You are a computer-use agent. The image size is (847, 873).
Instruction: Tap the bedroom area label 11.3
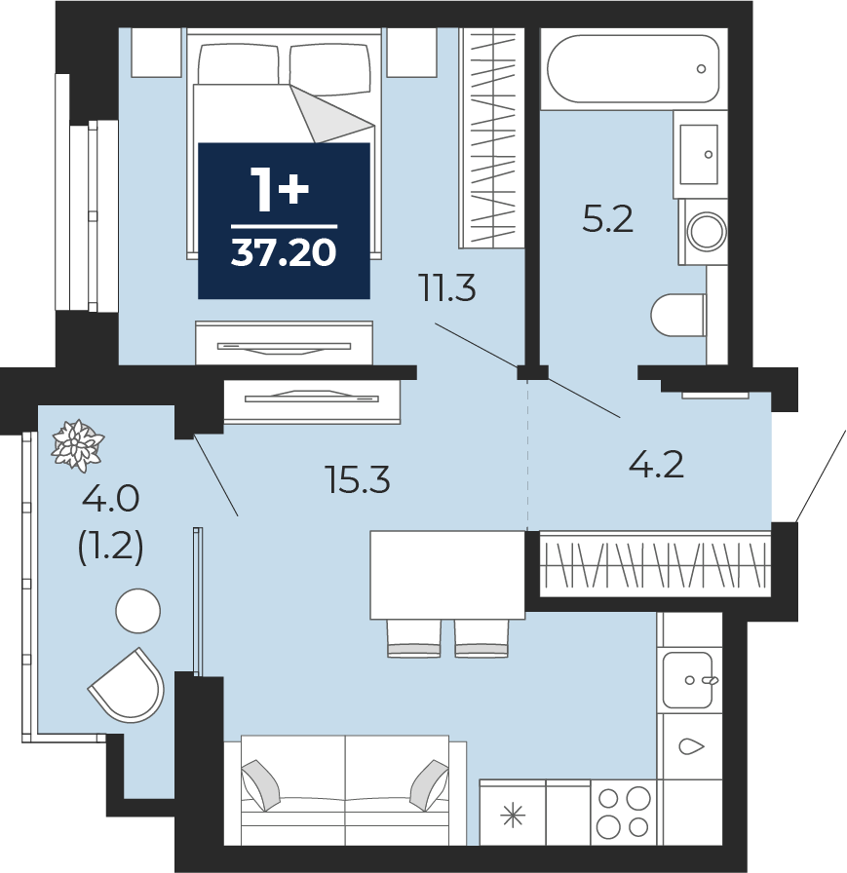point(448,289)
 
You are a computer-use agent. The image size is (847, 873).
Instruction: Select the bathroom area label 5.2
point(607,219)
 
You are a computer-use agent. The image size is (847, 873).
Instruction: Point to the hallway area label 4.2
point(656,466)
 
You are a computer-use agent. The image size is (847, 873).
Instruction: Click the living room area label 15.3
point(358,480)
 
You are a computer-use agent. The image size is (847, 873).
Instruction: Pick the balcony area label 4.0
point(110,498)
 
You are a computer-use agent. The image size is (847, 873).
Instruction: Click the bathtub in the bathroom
point(634,69)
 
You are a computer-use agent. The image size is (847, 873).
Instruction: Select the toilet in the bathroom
point(678,315)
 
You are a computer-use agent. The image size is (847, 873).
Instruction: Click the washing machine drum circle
point(708,231)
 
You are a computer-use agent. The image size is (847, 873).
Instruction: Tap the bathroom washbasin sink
point(699,154)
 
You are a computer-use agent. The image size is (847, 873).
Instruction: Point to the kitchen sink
point(688,680)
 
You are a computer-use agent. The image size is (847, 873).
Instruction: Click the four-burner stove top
point(624,813)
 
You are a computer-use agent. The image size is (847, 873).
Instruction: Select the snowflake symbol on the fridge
point(513,816)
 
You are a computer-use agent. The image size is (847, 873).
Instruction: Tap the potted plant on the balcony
point(77,445)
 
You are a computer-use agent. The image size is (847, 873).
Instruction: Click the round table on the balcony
point(138,611)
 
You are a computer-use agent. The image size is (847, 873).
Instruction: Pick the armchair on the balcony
point(128,685)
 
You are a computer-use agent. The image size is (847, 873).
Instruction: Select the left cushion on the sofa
point(260,785)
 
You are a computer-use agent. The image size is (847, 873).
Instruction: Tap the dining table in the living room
point(447,575)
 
